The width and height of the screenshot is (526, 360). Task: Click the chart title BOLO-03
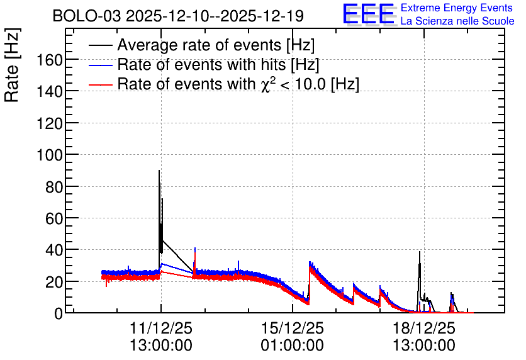(86, 16)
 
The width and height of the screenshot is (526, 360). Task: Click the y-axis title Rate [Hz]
(12, 65)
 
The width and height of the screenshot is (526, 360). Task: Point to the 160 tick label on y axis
(49, 60)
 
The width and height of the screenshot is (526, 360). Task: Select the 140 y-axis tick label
(49, 92)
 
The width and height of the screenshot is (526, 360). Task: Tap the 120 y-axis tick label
(49, 124)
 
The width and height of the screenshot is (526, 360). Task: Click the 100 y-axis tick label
(49, 155)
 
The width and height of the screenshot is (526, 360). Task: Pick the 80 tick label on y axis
(54, 187)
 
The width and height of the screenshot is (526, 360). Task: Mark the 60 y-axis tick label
(54, 219)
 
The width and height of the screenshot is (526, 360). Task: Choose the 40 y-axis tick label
(54, 250)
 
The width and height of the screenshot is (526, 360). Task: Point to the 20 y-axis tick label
(54, 283)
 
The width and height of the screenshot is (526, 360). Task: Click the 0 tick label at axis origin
(59, 314)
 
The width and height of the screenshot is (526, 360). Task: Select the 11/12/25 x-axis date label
(161, 328)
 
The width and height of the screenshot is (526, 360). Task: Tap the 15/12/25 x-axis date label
(293, 328)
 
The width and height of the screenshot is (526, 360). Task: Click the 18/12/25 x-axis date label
(424, 328)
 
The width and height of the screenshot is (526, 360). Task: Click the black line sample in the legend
(100, 45)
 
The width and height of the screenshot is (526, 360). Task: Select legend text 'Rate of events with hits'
(201, 64)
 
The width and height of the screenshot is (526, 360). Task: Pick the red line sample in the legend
(100, 84)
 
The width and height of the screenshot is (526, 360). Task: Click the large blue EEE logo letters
(369, 14)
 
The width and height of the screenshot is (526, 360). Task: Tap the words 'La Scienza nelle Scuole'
(457, 21)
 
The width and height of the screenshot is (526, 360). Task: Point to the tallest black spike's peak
(159, 171)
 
